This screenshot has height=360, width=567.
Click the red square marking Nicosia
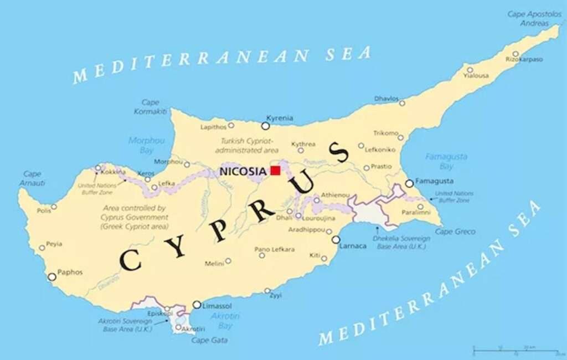tap(275, 171)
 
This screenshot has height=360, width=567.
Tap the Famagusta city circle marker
tap(409, 183)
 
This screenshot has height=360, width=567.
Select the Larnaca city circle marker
tap(336, 240)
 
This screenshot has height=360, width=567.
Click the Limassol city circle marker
tap(197, 305)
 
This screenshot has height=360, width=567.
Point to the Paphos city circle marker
tap(52, 276)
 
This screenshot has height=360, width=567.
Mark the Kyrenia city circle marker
tap(266, 126)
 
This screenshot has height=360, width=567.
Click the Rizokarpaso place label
tap(524, 59)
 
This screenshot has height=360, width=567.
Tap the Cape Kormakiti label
tap(150, 107)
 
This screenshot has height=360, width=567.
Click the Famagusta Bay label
tap(446, 161)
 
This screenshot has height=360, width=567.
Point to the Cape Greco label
tap(455, 232)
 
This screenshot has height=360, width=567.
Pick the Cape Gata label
tap(209, 340)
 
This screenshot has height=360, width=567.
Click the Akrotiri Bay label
tap(225, 320)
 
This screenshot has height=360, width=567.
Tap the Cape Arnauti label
tap(32, 178)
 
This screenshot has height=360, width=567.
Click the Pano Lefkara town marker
tap(261, 255)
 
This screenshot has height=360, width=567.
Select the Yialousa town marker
tap(470, 70)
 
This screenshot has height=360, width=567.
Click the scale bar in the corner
tap(514, 351)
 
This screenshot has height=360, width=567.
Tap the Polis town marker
tap(54, 207)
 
